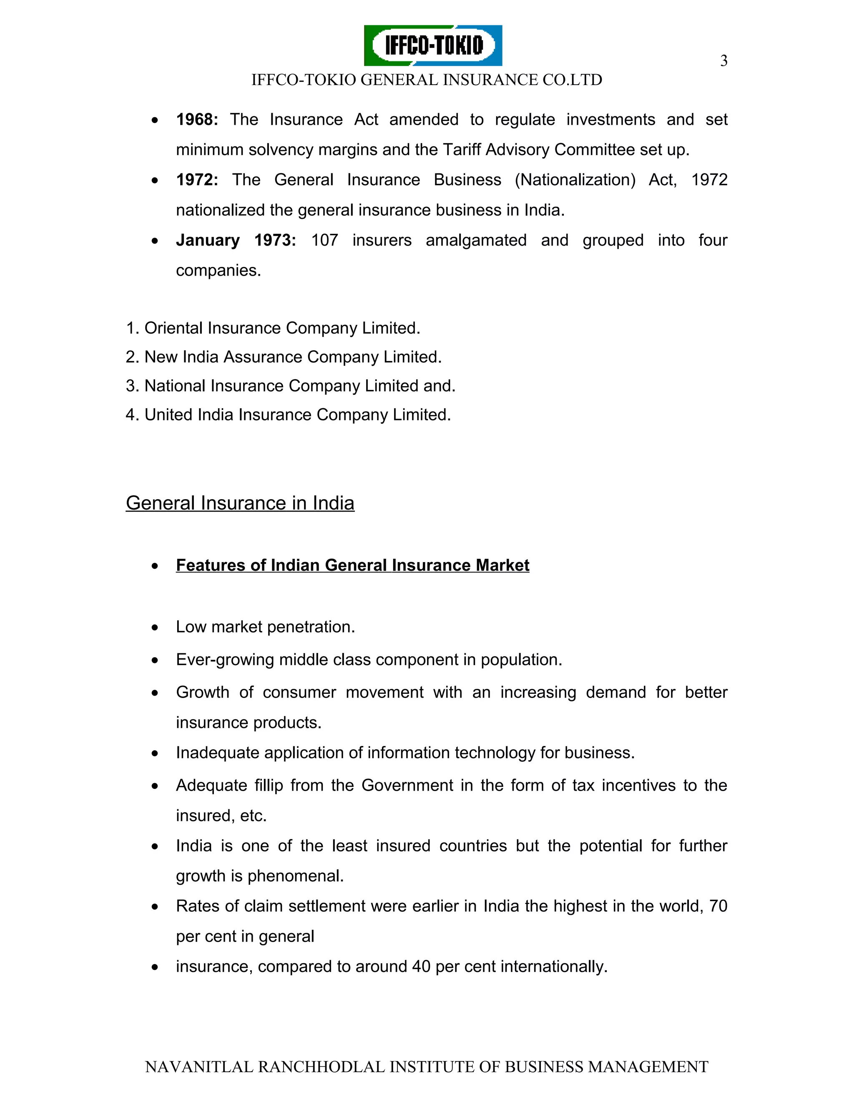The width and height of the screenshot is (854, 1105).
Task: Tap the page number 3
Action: (723, 61)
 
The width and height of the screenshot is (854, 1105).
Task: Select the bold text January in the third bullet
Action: (207, 240)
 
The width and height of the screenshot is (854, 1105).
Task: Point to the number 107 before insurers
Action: (324, 240)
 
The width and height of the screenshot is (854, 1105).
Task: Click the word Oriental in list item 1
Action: (173, 328)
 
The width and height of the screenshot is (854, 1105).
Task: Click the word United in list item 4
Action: (168, 415)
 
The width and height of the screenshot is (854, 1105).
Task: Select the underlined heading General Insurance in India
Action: (240, 503)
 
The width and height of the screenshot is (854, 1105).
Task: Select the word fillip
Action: (269, 786)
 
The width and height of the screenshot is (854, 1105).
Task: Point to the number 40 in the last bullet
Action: (421, 967)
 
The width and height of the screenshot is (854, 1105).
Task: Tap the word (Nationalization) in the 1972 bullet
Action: (575, 180)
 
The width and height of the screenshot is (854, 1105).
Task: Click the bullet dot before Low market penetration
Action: (155, 628)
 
